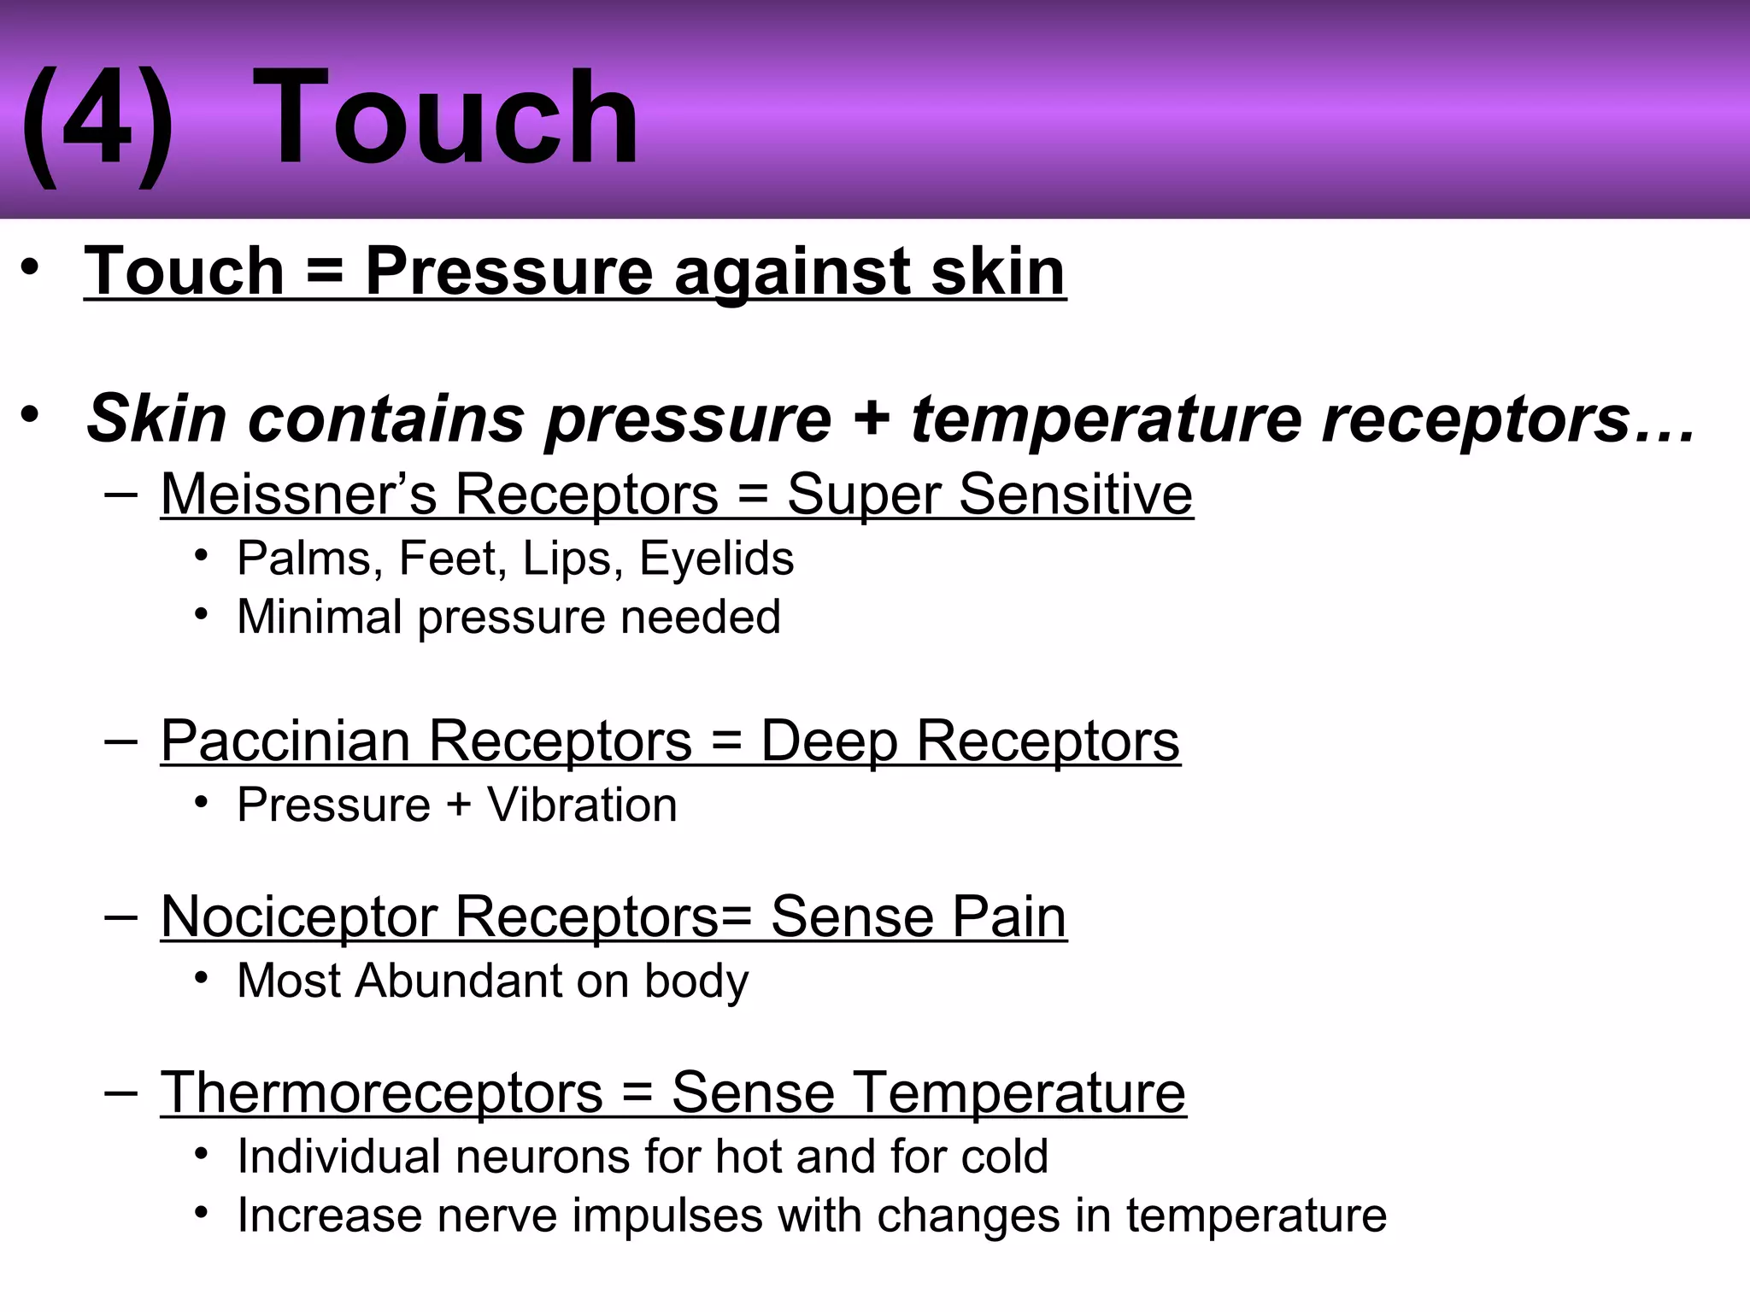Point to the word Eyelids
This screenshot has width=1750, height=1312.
click(x=716, y=559)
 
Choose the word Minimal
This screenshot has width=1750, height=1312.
click(x=319, y=617)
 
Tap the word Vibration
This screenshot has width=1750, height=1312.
click(x=582, y=805)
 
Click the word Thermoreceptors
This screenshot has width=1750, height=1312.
click(x=382, y=1092)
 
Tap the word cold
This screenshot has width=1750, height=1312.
click(x=1004, y=1157)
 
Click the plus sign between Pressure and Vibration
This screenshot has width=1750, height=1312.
click(x=459, y=805)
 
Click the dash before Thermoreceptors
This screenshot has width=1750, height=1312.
click(x=121, y=1092)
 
